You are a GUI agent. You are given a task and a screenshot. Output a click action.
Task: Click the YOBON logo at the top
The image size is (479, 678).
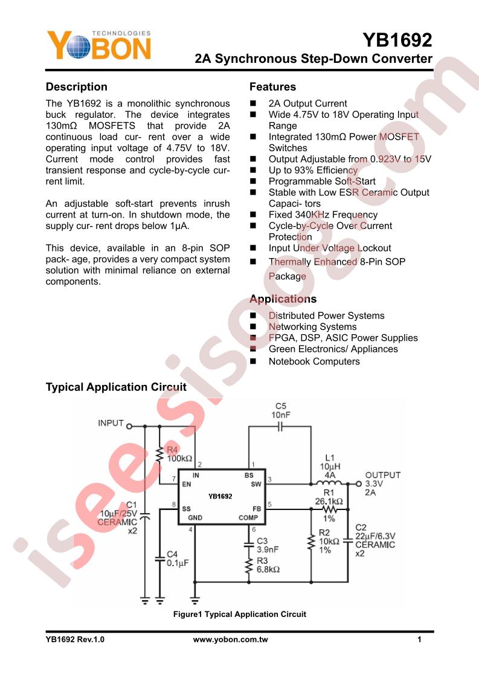[x=99, y=45]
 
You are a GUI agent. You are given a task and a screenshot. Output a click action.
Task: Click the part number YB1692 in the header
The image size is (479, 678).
[x=397, y=40]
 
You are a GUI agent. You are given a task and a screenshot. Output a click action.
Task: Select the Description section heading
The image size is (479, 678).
[x=77, y=87]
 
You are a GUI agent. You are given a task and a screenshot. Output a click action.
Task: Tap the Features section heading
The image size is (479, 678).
[x=272, y=87]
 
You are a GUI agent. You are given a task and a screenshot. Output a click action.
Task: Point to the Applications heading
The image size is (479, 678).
[x=283, y=299]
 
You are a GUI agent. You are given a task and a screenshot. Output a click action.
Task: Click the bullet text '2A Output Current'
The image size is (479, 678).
[x=308, y=104]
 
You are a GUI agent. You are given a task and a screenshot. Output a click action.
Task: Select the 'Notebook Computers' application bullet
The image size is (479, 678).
[x=314, y=361]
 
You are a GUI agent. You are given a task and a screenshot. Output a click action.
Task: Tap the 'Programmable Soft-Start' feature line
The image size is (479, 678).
[x=322, y=181]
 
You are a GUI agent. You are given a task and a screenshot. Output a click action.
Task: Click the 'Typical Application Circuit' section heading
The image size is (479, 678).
[x=117, y=387]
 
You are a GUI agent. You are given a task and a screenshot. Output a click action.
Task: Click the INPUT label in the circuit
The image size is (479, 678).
[x=111, y=423]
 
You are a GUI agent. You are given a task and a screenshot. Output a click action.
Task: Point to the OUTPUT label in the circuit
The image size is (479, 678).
[x=382, y=475]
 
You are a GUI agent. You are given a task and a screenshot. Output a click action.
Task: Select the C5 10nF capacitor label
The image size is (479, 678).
[x=280, y=410]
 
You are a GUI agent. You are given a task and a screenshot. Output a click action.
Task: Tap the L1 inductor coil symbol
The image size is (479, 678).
[x=330, y=483]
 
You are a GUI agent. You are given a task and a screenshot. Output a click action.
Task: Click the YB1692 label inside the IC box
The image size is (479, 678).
[x=220, y=496]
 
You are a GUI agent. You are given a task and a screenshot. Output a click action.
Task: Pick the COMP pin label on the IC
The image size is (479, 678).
[x=248, y=518]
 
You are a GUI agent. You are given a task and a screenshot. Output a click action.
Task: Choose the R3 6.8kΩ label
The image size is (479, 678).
[x=268, y=565]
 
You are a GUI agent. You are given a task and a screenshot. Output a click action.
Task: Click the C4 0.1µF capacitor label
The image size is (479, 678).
[x=178, y=559]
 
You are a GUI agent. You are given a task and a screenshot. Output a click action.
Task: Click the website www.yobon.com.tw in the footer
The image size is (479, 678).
[x=230, y=639]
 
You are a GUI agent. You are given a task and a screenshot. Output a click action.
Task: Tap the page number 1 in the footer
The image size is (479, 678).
[x=419, y=639]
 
